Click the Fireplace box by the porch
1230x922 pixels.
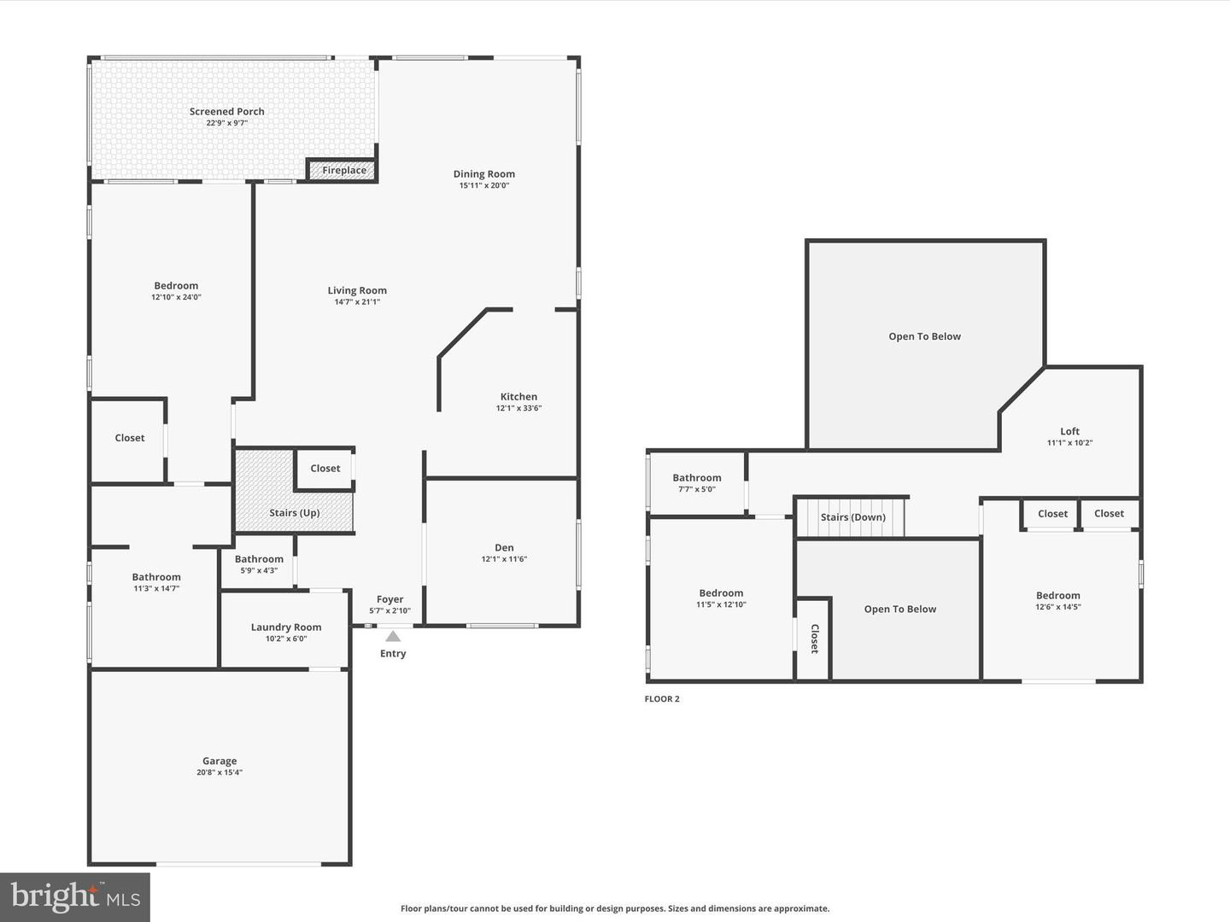tap(343, 170)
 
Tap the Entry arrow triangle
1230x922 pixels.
tap(393, 636)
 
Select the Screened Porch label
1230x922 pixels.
tap(226, 112)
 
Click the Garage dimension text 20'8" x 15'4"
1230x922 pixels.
tap(220, 773)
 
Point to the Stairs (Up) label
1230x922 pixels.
tap(294, 513)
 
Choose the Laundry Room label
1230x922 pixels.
tap(285, 627)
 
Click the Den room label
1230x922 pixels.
tap(504, 548)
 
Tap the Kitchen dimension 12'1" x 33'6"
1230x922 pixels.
tap(518, 408)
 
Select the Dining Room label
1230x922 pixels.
tap(483, 174)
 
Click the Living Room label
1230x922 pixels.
tap(357, 291)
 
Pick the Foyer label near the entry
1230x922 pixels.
tap(389, 599)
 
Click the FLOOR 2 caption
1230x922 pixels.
tap(662, 699)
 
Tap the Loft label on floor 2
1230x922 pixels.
tap(1069, 432)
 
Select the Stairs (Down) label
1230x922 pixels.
tap(852, 517)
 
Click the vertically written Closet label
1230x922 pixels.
tap(814, 639)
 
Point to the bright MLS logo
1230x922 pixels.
tap(75, 896)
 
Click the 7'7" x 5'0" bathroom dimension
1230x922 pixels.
tap(696, 489)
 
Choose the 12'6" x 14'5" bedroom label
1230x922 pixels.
tap(1057, 607)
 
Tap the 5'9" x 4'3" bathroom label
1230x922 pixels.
tap(259, 570)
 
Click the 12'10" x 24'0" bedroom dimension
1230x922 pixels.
tap(176, 297)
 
